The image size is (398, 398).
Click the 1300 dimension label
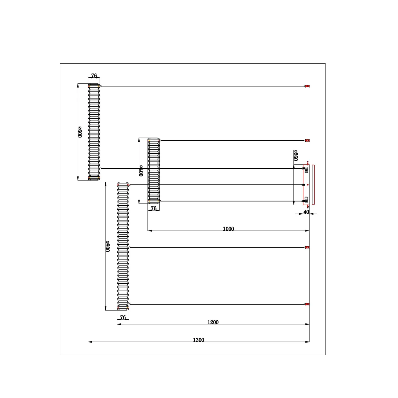[x=198, y=340]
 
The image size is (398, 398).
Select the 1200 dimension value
[x=213, y=322]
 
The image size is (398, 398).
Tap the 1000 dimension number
[x=228, y=229]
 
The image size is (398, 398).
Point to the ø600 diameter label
[x=80, y=132]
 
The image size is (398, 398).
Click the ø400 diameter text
[x=141, y=171]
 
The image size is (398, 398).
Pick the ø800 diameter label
[x=107, y=246]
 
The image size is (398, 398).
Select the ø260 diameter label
[x=296, y=155]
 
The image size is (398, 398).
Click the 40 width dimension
[x=306, y=212]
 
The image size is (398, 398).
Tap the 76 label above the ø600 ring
[x=94, y=76]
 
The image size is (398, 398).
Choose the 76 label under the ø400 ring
[x=154, y=208]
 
